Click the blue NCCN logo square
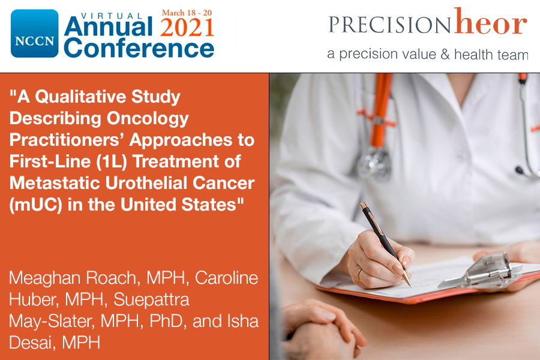34,34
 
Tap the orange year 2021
187,27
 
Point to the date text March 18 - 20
187,13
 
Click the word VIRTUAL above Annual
112,16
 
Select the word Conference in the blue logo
139,48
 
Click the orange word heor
490,22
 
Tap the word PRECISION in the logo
389,25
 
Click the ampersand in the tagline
445,54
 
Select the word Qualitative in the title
80,97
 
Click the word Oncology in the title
148,118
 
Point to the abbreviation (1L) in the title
112,161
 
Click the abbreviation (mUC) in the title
36,205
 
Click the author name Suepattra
151,299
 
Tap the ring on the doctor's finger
359,273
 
